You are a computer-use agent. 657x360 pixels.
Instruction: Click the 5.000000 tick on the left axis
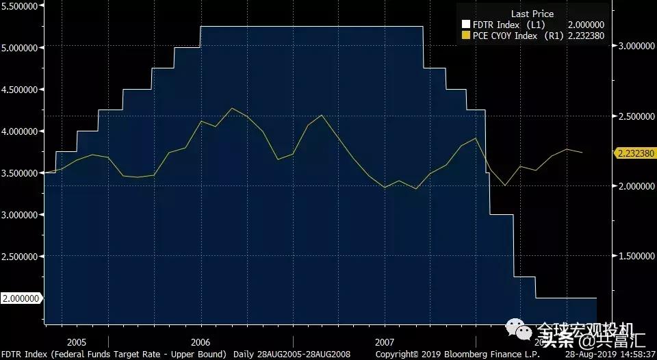point(21,47)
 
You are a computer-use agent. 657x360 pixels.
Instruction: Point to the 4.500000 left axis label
point(21,89)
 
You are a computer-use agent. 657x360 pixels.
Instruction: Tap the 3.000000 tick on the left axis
point(21,215)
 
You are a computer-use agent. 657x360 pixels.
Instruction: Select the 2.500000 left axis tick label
point(21,257)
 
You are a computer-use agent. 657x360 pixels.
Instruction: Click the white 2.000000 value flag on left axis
point(21,298)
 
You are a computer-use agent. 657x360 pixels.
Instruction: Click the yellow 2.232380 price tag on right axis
point(634,153)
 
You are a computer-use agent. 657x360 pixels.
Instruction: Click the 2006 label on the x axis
point(201,342)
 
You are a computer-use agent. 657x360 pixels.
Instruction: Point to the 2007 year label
point(385,342)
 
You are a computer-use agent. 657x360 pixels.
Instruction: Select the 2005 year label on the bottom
point(77,342)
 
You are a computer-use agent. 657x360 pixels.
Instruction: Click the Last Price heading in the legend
point(532,14)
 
